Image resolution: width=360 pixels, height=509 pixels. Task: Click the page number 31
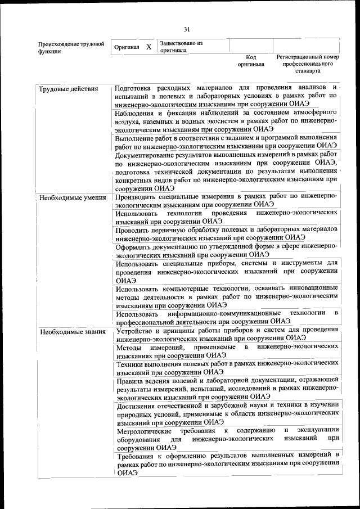[x=187, y=29]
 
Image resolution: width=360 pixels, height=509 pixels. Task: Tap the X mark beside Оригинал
[x=149, y=47]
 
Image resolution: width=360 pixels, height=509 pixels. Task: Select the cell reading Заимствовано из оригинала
[x=181, y=46]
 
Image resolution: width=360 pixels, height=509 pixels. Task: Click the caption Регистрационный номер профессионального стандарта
[x=308, y=64]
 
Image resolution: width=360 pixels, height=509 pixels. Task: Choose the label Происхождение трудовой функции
[x=71, y=48]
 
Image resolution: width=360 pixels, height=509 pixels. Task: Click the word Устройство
[x=134, y=330]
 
